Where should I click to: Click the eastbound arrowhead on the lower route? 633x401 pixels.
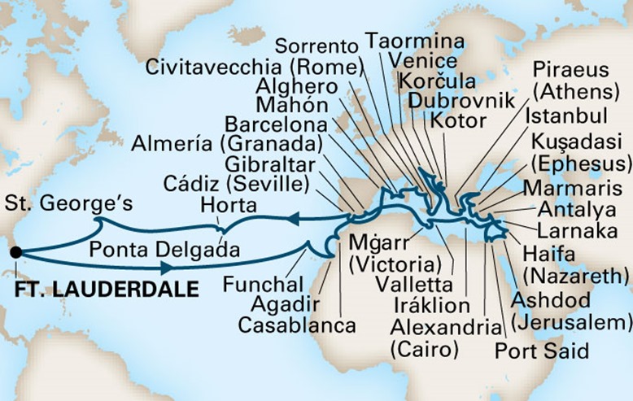click(166, 267)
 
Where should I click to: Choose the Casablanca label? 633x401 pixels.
click(297, 325)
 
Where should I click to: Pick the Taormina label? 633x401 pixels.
click(415, 41)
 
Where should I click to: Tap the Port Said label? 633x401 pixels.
click(542, 352)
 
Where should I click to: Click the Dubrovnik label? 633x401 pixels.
click(461, 101)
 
